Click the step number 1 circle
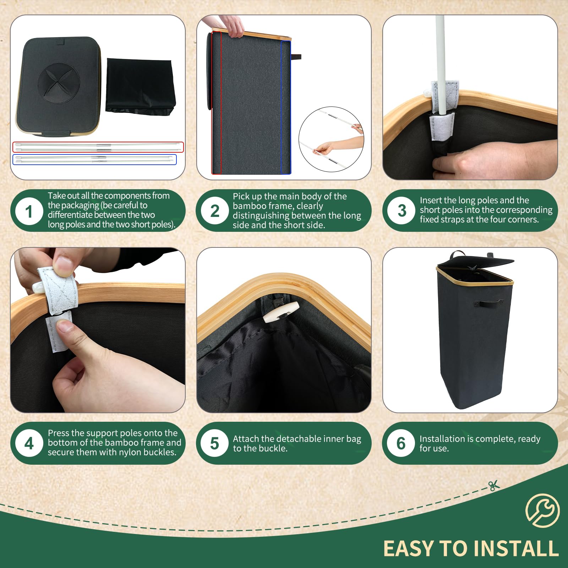pyautogui.click(x=29, y=211)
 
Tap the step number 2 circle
pyautogui.click(x=215, y=211)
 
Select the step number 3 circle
pyautogui.click(x=402, y=210)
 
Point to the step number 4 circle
pyautogui.click(x=29, y=443)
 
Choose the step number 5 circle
pyautogui.click(x=214, y=443)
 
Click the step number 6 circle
pyautogui.click(x=401, y=443)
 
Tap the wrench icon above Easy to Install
pyautogui.click(x=542, y=510)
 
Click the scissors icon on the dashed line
pyautogui.click(x=494, y=485)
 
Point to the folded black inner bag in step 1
pyautogui.click(x=141, y=87)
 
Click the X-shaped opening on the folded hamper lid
pyautogui.click(x=59, y=83)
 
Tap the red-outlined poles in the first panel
pyautogui.click(x=98, y=147)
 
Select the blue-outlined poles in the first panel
pyautogui.click(x=94, y=159)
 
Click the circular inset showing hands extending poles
pyautogui.click(x=331, y=140)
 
